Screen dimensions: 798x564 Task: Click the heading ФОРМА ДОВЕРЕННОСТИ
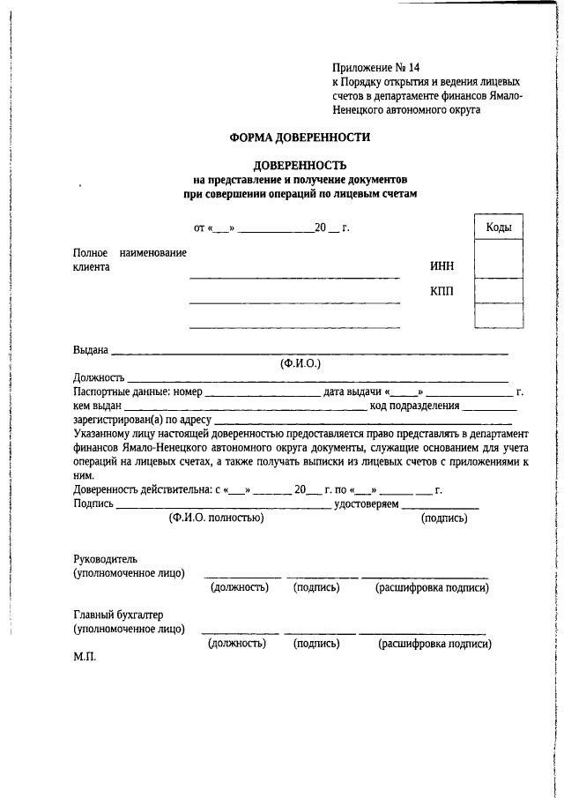point(300,138)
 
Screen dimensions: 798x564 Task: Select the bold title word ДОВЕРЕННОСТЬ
point(300,165)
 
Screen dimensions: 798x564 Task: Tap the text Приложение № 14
point(370,68)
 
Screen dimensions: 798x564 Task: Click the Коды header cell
point(499,227)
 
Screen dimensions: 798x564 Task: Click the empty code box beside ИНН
point(499,262)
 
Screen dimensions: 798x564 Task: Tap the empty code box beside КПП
point(499,290)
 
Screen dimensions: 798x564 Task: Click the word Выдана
point(90,350)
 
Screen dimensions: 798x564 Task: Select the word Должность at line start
point(99,377)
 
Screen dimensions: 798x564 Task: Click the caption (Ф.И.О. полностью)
point(216,518)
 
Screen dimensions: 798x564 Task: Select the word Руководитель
point(105,559)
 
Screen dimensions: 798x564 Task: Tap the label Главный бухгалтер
point(118,615)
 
